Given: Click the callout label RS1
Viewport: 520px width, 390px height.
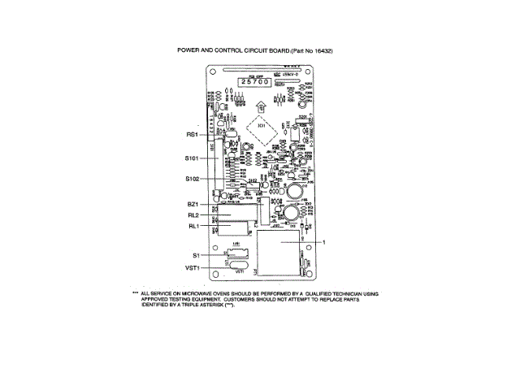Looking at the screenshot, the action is click(192, 134).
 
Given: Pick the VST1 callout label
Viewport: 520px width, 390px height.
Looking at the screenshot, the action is click(192, 267).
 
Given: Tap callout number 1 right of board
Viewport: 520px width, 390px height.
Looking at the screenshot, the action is click(323, 242).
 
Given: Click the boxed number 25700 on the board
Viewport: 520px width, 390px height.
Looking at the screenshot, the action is click(254, 83).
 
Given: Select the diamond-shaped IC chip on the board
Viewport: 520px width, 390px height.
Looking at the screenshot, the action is click(261, 126).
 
